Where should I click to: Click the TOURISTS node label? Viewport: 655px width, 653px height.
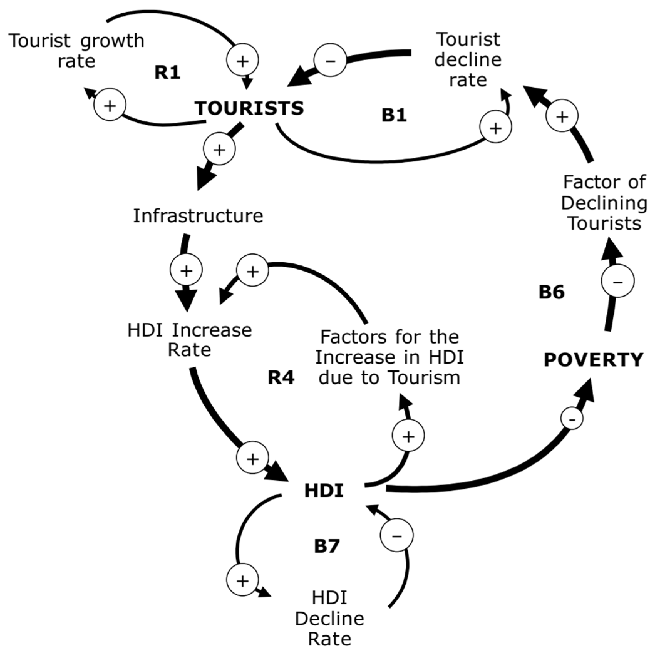(249, 109)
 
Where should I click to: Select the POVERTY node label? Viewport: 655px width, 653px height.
(593, 360)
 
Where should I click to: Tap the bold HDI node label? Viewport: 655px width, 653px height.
(324, 491)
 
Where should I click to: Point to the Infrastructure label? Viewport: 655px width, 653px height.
(198, 216)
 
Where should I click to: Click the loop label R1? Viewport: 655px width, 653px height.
(167, 73)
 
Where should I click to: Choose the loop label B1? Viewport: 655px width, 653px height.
(394, 115)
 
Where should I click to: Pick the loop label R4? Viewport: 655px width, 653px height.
(281, 378)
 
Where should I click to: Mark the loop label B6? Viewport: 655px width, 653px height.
(552, 293)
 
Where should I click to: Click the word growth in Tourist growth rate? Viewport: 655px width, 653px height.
(112, 41)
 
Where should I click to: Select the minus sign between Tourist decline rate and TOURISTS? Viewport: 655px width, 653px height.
(330, 60)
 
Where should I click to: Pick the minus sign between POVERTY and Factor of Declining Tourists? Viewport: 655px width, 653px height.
(617, 281)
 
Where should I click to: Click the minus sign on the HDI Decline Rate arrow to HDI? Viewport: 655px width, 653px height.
(396, 535)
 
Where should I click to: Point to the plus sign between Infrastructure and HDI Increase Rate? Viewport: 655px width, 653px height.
(186, 270)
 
